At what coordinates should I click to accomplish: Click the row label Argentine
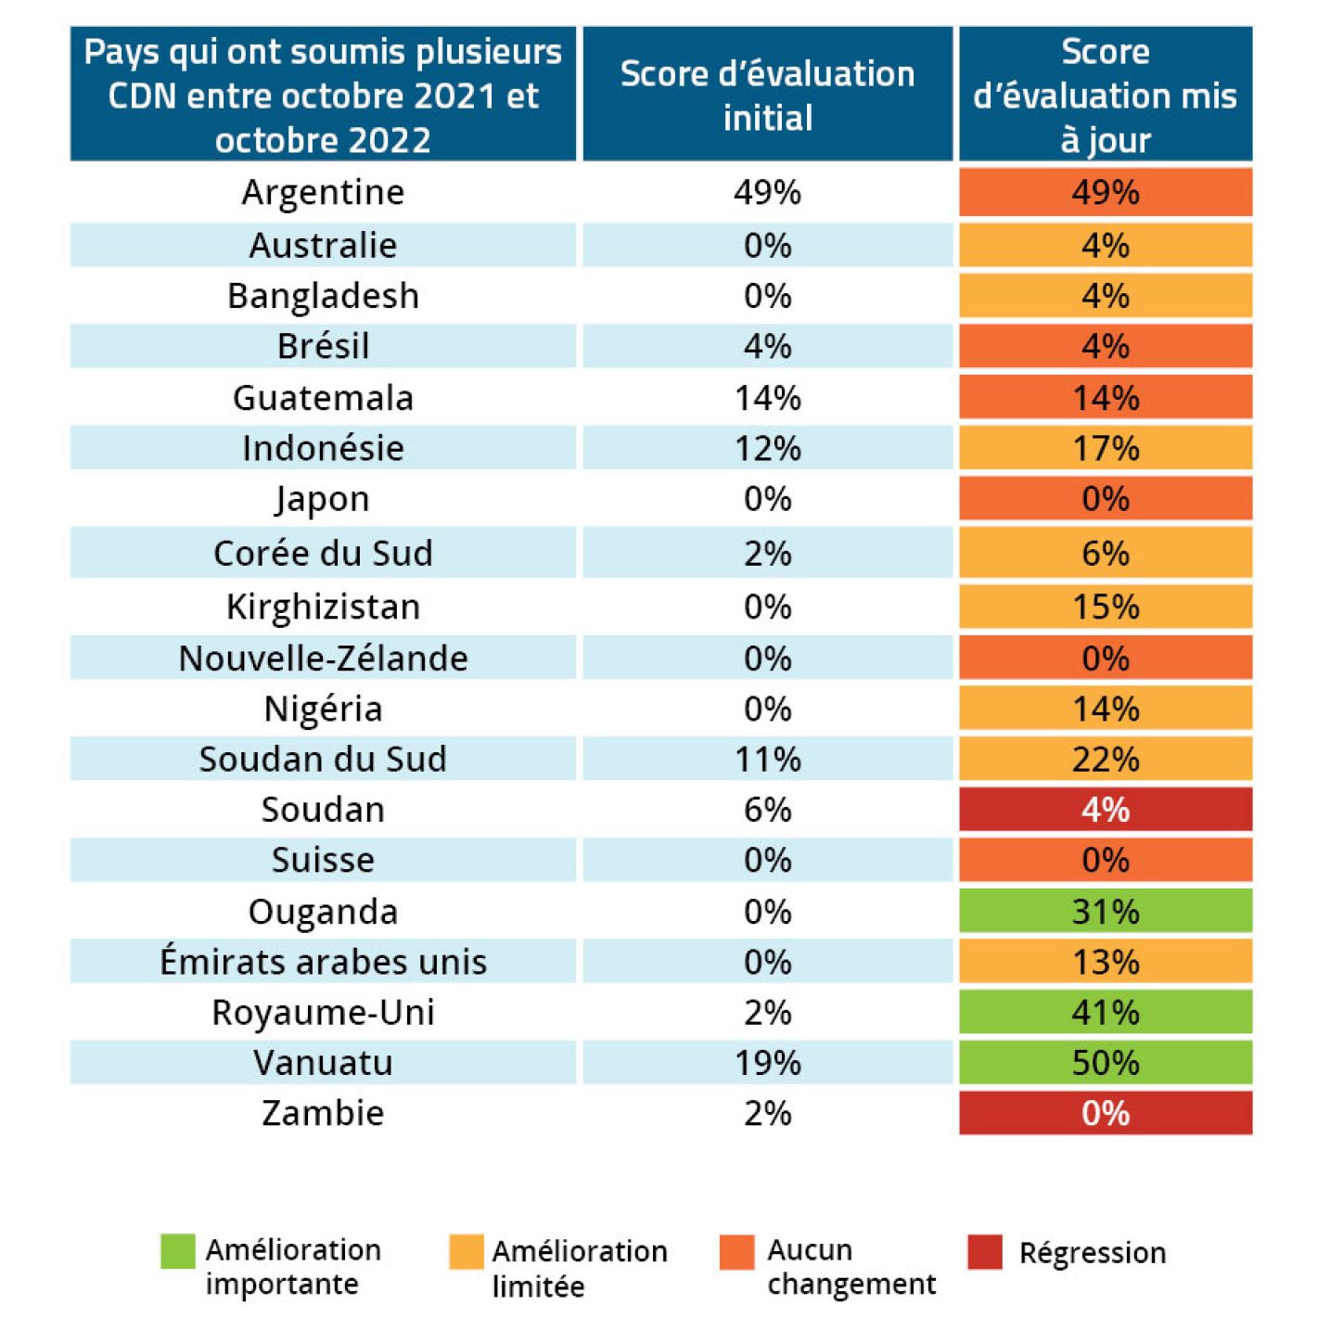(323, 193)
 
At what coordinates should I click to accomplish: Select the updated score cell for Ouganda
(1105, 911)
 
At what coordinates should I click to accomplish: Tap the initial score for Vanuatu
(767, 1063)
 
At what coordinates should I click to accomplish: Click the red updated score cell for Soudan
(1105, 810)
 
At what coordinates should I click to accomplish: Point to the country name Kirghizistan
(323, 608)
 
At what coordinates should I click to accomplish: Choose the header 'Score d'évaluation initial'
(767, 95)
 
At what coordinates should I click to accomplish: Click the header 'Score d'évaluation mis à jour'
(1105, 95)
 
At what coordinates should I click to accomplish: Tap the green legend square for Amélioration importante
(178, 1251)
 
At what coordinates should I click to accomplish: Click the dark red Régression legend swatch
(985, 1251)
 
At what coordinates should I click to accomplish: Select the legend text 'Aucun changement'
(851, 1267)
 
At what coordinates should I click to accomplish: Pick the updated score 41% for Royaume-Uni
(1105, 1012)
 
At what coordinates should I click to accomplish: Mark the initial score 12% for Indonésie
(767, 449)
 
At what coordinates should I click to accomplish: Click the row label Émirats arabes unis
(323, 962)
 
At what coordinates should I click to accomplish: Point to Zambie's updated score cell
(1105, 1113)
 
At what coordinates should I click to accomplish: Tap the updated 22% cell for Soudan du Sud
(1105, 760)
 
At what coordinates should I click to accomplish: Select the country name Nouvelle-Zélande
(323, 659)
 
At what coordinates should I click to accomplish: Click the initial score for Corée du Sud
(767, 554)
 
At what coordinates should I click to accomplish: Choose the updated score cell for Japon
(1105, 499)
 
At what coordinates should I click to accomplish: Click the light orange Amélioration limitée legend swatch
(467, 1251)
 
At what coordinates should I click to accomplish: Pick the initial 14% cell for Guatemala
(767, 398)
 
